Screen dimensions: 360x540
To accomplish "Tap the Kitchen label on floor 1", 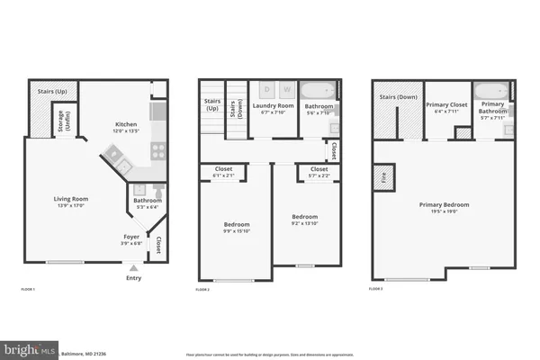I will pyautogui.click(x=125, y=126).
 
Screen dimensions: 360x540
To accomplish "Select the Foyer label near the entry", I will pyautogui.click(x=131, y=238).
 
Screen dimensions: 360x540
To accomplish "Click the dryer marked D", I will pyautogui.click(x=265, y=90).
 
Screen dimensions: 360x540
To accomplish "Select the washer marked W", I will pyautogui.click(x=286, y=90).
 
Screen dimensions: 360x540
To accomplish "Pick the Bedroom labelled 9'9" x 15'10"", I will pyautogui.click(x=237, y=227).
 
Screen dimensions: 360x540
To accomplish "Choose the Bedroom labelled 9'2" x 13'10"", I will pyautogui.click(x=305, y=220).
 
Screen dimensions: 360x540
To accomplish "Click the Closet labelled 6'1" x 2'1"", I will pyautogui.click(x=223, y=171).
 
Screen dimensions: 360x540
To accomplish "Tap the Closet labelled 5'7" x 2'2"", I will pyautogui.click(x=318, y=171).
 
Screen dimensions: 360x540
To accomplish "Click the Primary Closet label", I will pyautogui.click(x=446, y=108).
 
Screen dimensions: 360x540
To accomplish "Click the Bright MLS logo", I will pyautogui.click(x=30, y=347).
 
